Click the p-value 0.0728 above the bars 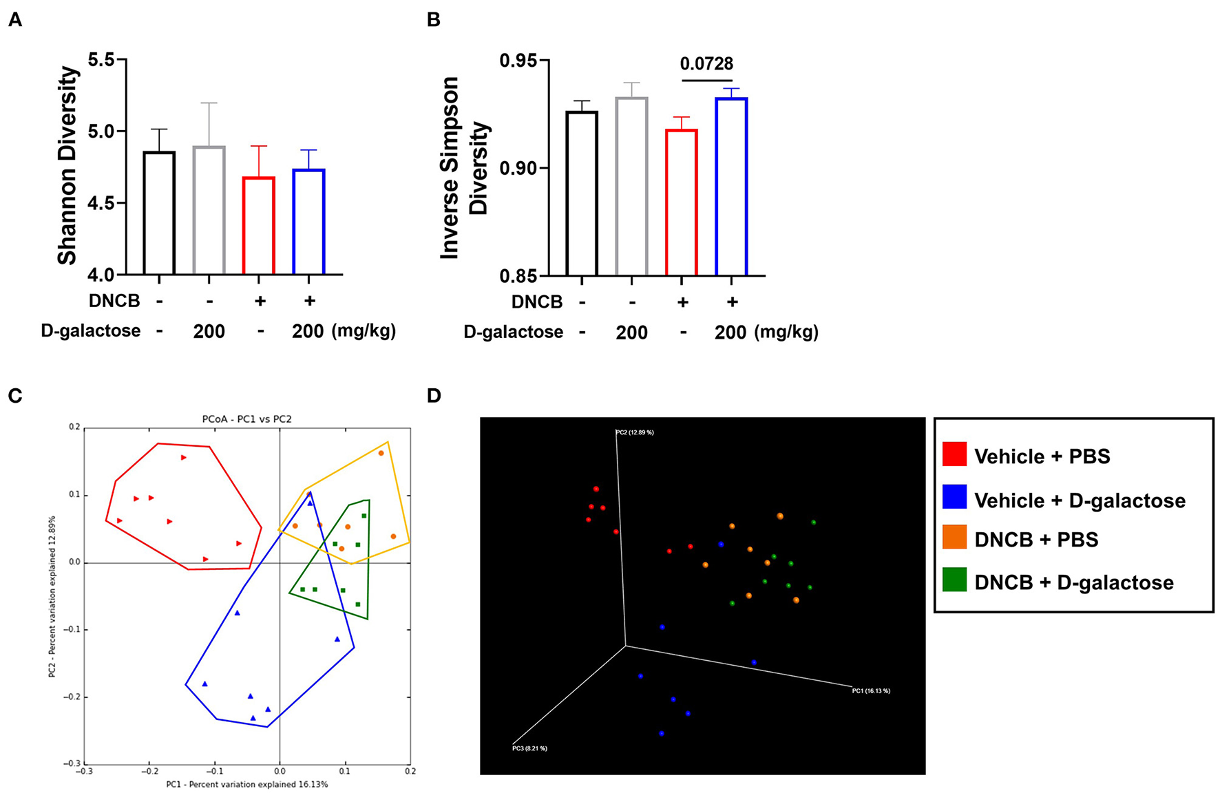coord(706,64)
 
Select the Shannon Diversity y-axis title coord(67,165)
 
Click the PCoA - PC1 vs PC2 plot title coord(246,419)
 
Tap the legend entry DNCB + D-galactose coord(1073,582)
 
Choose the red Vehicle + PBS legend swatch coord(954,455)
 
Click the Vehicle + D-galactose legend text coord(1080,500)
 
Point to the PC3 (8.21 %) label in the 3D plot coord(529,748)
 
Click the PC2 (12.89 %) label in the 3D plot coord(634,432)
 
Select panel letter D coord(434,396)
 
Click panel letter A coord(14,20)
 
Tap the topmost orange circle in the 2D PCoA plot coord(381,453)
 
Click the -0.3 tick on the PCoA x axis coord(84,771)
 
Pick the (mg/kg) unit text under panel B coord(786,332)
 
